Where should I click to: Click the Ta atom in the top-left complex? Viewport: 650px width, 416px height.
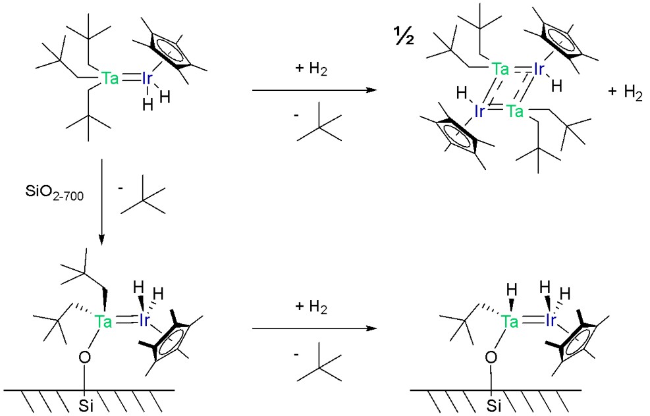pyautogui.click(x=111, y=79)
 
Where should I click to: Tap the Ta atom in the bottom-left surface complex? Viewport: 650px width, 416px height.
pyautogui.click(x=103, y=321)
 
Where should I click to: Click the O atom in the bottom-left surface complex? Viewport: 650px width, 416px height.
pyautogui.click(x=84, y=357)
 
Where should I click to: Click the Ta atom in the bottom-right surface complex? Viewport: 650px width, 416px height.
pyautogui.click(x=508, y=321)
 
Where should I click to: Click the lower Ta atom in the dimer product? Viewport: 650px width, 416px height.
pyautogui.click(x=516, y=112)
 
